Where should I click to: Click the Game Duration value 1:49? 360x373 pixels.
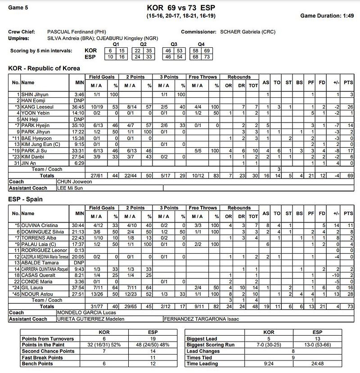point(348,16)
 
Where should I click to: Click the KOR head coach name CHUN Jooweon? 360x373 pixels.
point(74,182)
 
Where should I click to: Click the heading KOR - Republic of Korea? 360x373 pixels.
point(44,68)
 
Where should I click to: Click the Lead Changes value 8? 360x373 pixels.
point(293,351)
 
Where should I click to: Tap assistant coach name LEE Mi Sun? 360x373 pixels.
point(70,188)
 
